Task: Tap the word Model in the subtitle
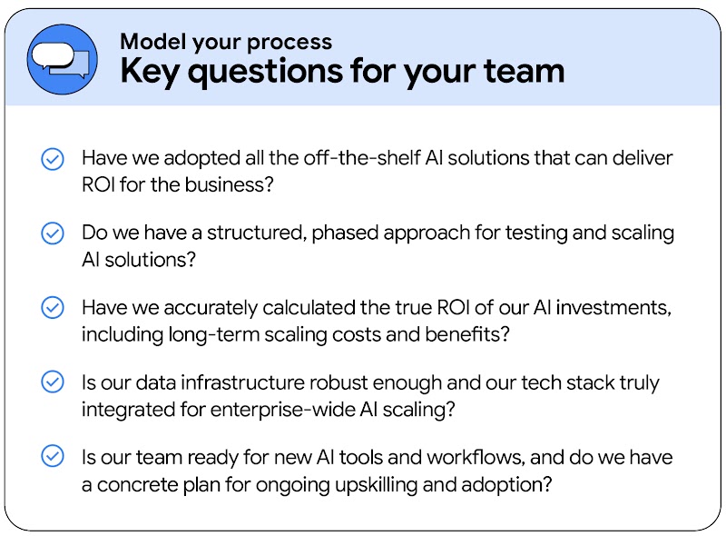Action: (148, 42)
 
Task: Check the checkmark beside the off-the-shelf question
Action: (53, 159)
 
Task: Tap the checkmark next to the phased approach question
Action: (53, 233)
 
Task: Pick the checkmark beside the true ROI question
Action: (53, 307)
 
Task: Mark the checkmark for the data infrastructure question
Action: (53, 382)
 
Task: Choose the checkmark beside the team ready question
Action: (53, 456)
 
